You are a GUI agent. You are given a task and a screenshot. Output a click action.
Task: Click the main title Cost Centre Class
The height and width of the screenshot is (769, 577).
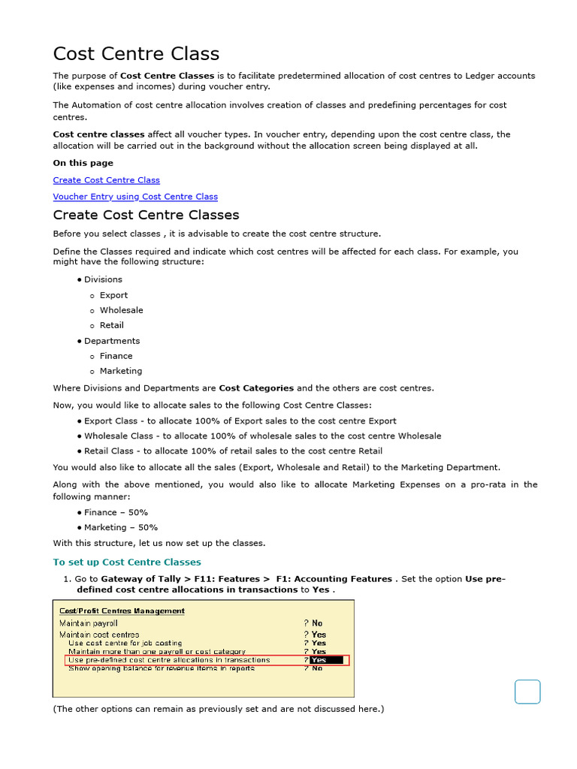136,54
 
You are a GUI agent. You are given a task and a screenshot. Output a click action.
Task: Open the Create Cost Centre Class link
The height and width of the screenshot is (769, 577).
106,180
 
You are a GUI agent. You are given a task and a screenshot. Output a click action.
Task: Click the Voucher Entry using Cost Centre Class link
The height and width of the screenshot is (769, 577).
135,197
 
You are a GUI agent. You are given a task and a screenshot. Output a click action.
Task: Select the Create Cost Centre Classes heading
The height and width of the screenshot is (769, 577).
146,215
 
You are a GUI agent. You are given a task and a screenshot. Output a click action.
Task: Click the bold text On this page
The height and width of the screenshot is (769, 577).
83,163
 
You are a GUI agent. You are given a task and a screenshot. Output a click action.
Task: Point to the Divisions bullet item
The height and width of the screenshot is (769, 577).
103,279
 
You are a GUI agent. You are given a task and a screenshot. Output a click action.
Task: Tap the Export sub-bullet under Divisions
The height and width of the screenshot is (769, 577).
113,295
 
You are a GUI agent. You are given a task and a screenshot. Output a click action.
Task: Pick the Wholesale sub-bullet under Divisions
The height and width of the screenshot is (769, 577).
121,310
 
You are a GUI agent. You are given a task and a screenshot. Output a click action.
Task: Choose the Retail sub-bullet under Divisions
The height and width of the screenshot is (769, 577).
111,325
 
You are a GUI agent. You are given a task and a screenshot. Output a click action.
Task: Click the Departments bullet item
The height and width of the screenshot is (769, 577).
111,341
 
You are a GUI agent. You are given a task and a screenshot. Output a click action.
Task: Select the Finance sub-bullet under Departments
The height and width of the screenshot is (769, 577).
116,356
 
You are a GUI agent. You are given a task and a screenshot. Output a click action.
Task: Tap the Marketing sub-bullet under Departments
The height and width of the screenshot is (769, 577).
120,371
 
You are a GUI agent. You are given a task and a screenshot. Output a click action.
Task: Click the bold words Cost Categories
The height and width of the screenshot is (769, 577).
256,388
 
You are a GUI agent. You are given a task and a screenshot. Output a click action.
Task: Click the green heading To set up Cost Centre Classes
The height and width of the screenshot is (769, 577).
127,562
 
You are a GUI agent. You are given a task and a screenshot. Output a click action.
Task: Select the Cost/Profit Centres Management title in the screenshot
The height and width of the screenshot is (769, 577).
122,611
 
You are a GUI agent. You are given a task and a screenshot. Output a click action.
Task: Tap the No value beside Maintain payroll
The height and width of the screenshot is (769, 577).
317,623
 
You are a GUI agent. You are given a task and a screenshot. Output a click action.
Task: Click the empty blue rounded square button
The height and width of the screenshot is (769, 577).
527,692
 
